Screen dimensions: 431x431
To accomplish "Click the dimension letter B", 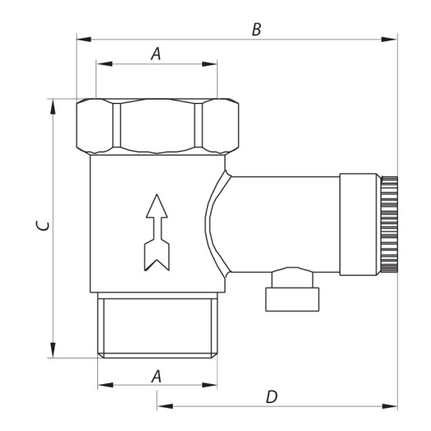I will pyautogui.click(x=256, y=29).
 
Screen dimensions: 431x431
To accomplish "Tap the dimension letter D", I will pyautogui.click(x=271, y=396).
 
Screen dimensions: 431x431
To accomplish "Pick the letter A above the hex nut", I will pyautogui.click(x=155, y=54).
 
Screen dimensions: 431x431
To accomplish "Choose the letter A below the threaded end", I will pyautogui.click(x=155, y=376).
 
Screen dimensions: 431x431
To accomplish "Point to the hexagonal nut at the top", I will pyautogui.click(x=157, y=125).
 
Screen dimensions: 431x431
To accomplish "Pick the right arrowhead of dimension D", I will pyautogui.click(x=393, y=405).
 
